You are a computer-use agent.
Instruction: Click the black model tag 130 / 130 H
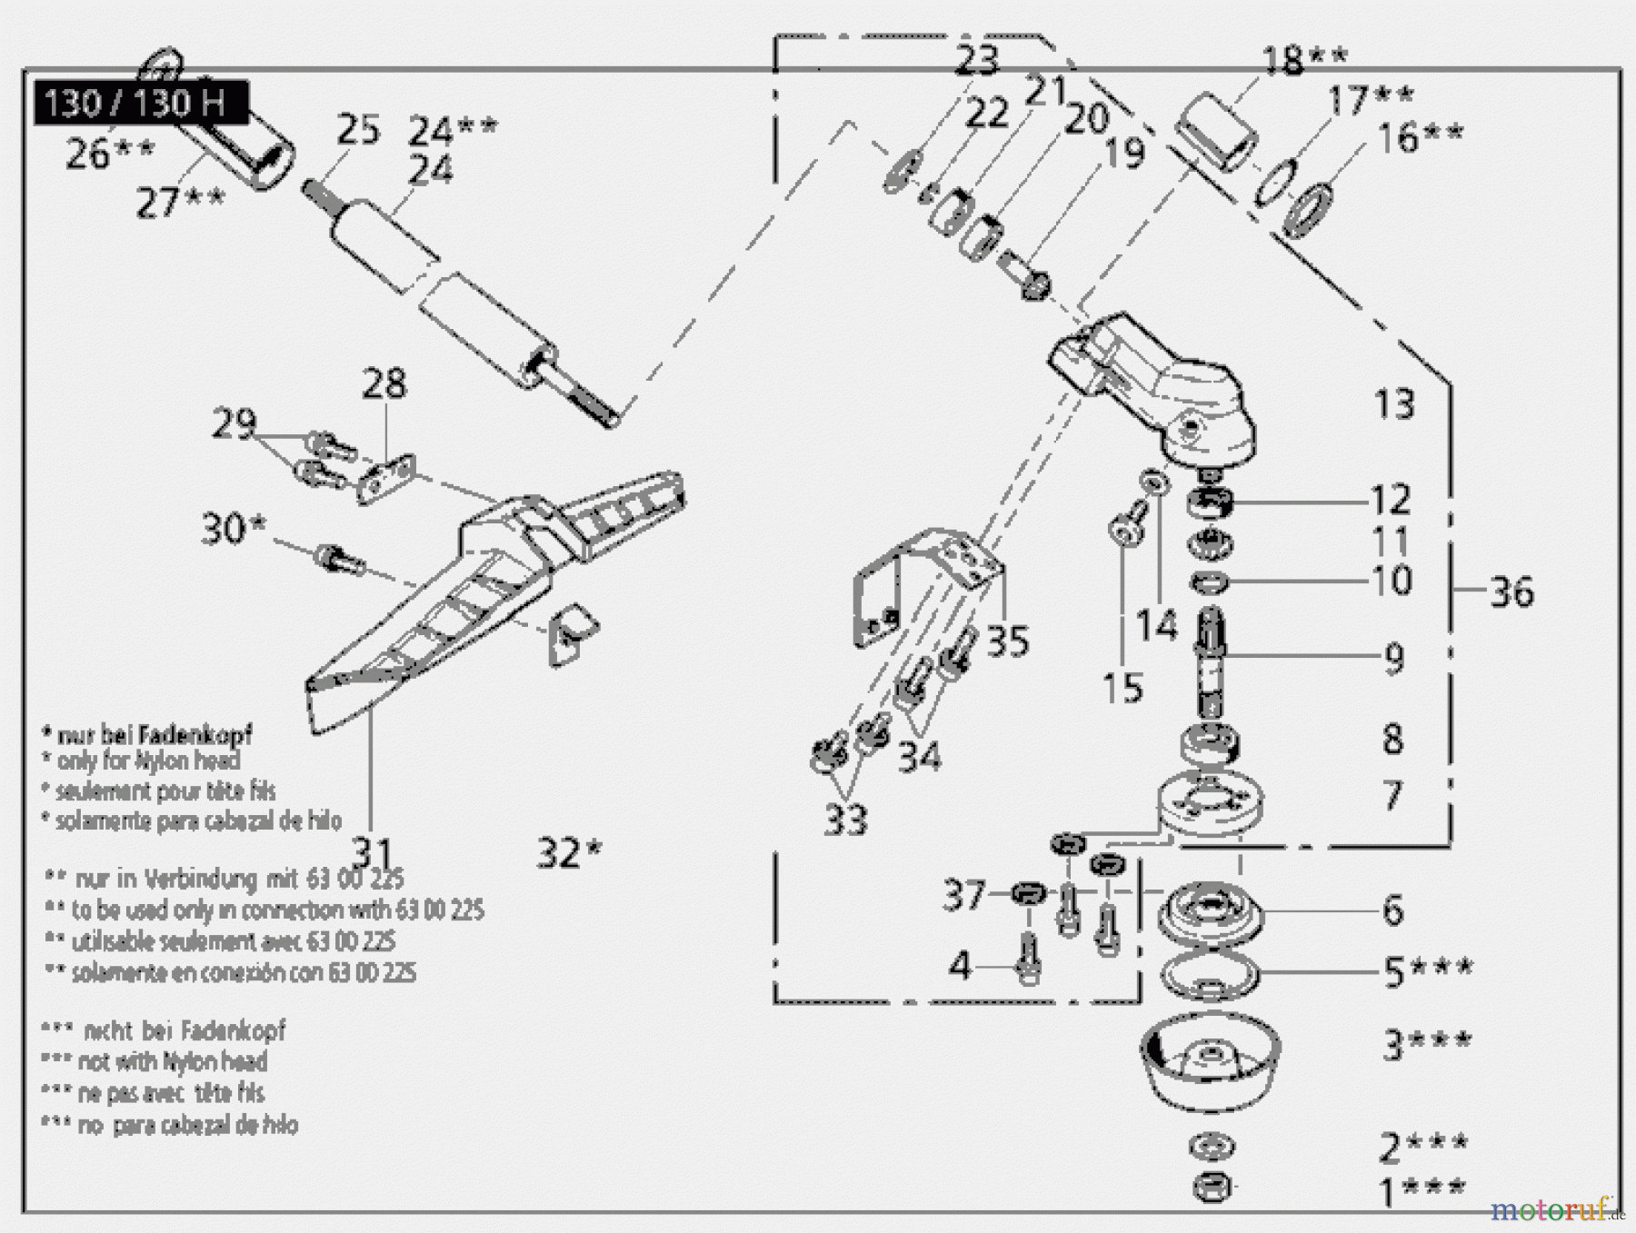coord(141,103)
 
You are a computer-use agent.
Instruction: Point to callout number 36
coord(1511,592)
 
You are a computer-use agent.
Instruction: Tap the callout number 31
coord(372,853)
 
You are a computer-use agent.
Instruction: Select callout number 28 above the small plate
coord(384,383)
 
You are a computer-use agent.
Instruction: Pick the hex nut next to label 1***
coord(1212,1186)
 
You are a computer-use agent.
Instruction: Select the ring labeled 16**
coord(1306,209)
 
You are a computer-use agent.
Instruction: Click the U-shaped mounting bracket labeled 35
coord(918,582)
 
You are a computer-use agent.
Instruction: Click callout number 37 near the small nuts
coord(963,895)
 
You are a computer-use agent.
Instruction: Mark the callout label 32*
coord(569,852)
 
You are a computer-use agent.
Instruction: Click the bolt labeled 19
coord(1024,276)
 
